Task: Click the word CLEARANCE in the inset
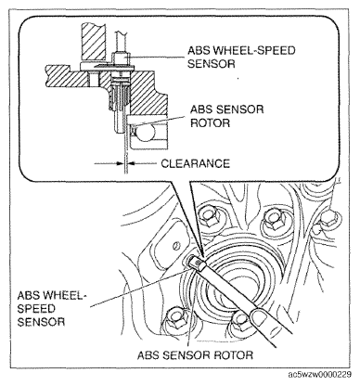point(196,163)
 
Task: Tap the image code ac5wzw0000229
point(320,375)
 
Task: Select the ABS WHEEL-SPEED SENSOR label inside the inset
point(241,57)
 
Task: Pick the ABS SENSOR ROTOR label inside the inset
point(226,116)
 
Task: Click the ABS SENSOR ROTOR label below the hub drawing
point(195,354)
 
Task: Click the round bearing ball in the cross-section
point(145,134)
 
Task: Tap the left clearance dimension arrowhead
point(121,163)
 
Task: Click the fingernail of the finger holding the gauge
point(259,318)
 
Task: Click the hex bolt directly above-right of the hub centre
point(274,220)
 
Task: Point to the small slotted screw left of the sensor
point(176,245)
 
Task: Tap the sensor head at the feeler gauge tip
point(196,264)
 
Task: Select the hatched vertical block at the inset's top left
point(92,43)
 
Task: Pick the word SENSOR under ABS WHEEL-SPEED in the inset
point(212,64)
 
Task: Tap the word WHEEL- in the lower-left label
point(63,295)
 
